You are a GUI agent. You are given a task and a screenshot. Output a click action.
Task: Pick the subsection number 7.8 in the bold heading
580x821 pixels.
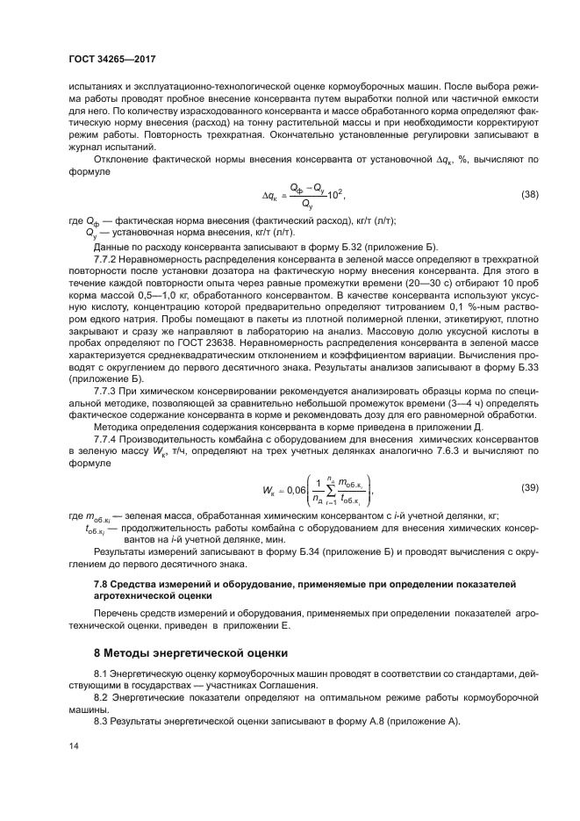point(102,584)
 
